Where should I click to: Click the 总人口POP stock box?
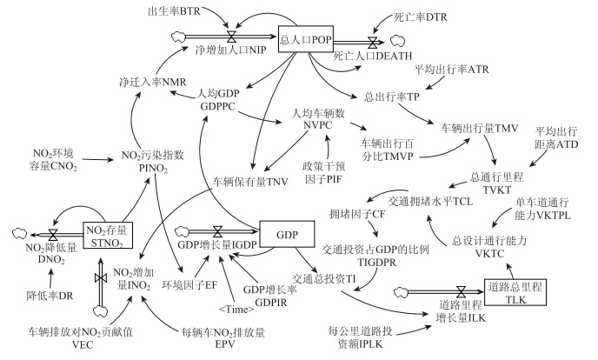click(303, 39)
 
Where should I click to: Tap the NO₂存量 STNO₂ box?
click(110, 236)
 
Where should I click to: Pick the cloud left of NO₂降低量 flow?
click(18, 235)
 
